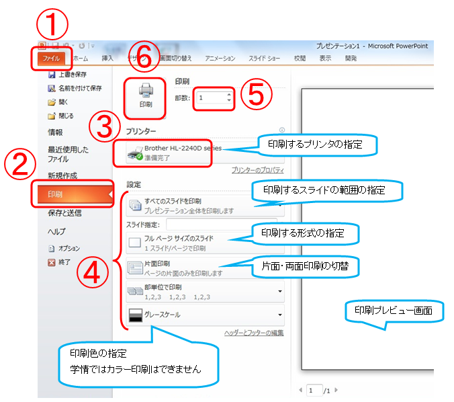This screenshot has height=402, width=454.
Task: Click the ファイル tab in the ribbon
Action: tap(50, 58)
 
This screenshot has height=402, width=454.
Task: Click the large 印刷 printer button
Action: tap(145, 95)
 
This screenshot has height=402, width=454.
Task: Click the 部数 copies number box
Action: tap(214, 98)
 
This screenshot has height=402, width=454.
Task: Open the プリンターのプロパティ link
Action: tap(257, 171)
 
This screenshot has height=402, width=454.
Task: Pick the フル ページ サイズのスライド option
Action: tap(181, 242)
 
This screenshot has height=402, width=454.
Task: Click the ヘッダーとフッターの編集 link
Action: tap(253, 333)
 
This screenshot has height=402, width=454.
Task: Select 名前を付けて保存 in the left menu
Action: tap(79, 88)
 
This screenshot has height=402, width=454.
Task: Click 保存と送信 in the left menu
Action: tap(64, 213)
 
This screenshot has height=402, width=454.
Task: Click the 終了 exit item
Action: tap(64, 262)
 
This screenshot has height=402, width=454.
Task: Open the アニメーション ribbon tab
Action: tap(220, 58)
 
